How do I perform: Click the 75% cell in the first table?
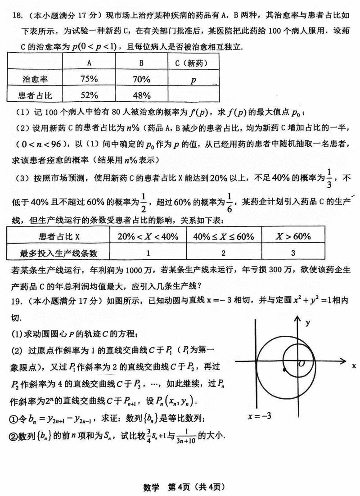[x=89, y=79]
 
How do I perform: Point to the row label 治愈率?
[x=34, y=79]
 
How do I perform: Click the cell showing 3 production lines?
[x=293, y=253]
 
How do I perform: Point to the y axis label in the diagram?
[x=308, y=322]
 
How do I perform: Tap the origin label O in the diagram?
[x=301, y=363]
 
